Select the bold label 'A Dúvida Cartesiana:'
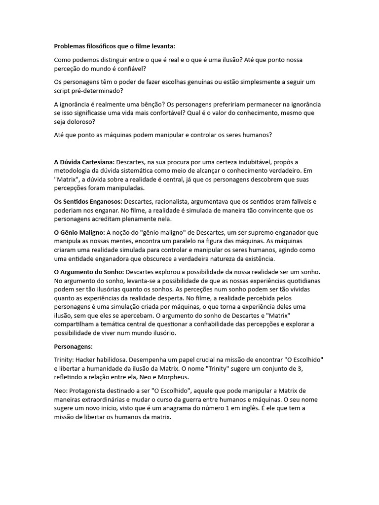click(x=84, y=162)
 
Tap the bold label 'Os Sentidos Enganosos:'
click(x=88, y=201)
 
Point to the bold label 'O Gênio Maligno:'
click(x=79, y=232)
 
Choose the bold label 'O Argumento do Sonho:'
click(x=88, y=272)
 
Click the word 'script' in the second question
click(x=63, y=91)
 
